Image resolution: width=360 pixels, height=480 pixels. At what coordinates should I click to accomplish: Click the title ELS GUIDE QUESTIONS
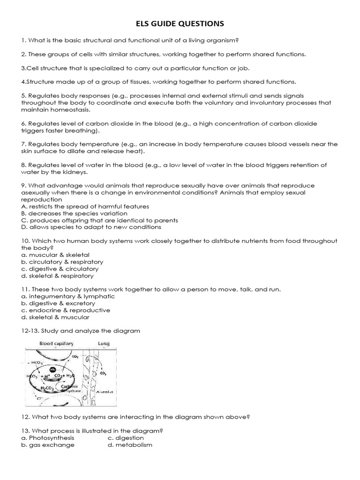[x=180, y=23]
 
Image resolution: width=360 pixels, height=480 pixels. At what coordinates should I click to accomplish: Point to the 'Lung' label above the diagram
[x=104, y=344]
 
